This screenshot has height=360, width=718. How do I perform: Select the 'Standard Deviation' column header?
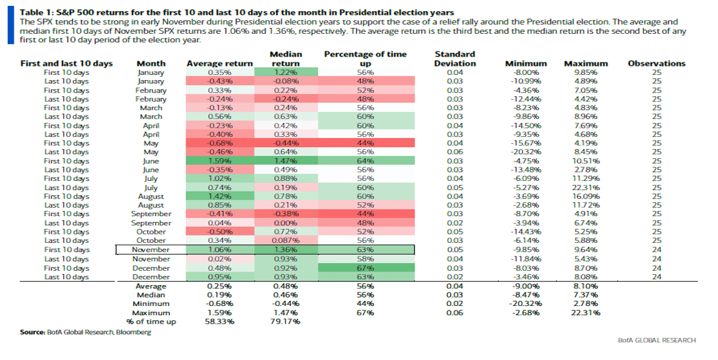(454, 59)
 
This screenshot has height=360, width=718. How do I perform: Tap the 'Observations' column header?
(656, 63)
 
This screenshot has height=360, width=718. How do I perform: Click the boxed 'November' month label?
(150, 249)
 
